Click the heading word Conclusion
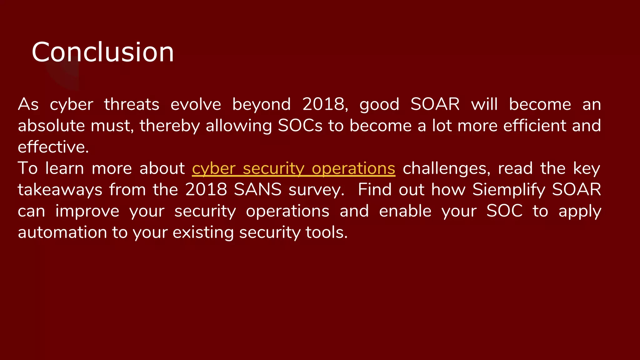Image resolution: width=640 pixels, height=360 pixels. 102,52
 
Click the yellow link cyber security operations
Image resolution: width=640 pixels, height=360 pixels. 293,168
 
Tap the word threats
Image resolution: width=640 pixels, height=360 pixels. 132,104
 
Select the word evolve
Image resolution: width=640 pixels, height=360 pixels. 196,104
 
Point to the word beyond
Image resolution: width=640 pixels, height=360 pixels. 262,104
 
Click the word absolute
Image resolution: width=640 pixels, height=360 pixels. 51,126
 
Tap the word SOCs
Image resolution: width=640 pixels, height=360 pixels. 300,126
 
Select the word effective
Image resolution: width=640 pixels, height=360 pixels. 53,147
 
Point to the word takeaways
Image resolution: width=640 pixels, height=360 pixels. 60,190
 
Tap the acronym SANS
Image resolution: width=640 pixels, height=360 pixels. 258,190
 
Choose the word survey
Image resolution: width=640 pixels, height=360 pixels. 316,190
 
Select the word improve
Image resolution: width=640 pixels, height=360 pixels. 87,211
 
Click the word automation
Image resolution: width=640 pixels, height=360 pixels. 62,232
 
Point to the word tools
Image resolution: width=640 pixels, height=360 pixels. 326,232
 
